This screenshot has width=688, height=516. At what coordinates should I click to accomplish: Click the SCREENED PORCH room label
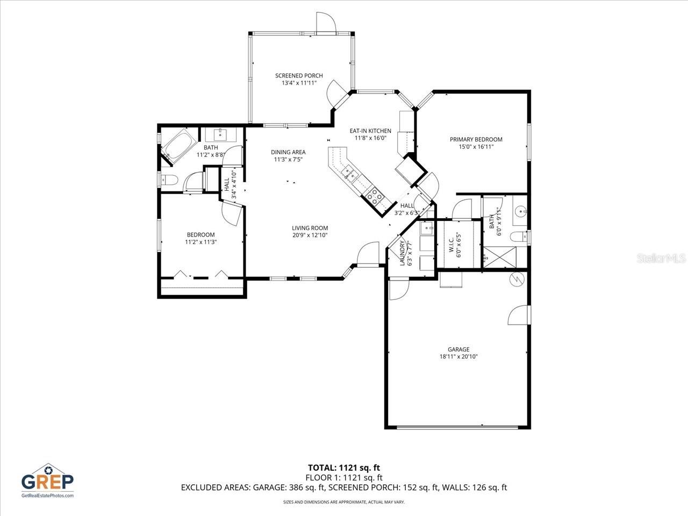(299, 76)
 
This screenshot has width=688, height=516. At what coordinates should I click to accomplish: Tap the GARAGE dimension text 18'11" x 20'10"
(458, 356)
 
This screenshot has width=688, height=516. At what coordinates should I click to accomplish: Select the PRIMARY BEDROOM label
(476, 140)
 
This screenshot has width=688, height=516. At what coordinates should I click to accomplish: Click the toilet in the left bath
(169, 180)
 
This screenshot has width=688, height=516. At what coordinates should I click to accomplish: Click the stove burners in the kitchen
(375, 195)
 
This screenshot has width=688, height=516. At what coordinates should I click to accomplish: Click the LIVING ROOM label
(310, 228)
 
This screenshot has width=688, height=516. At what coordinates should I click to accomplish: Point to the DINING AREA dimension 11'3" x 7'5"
(288, 159)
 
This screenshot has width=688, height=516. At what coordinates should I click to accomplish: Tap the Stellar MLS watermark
(661, 259)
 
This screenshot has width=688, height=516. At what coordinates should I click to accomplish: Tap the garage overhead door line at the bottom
(457, 427)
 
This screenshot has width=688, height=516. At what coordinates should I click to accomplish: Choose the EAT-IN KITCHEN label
(370, 131)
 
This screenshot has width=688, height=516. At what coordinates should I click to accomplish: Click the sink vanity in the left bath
(220, 134)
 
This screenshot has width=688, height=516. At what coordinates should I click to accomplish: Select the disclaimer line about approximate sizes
(343, 502)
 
